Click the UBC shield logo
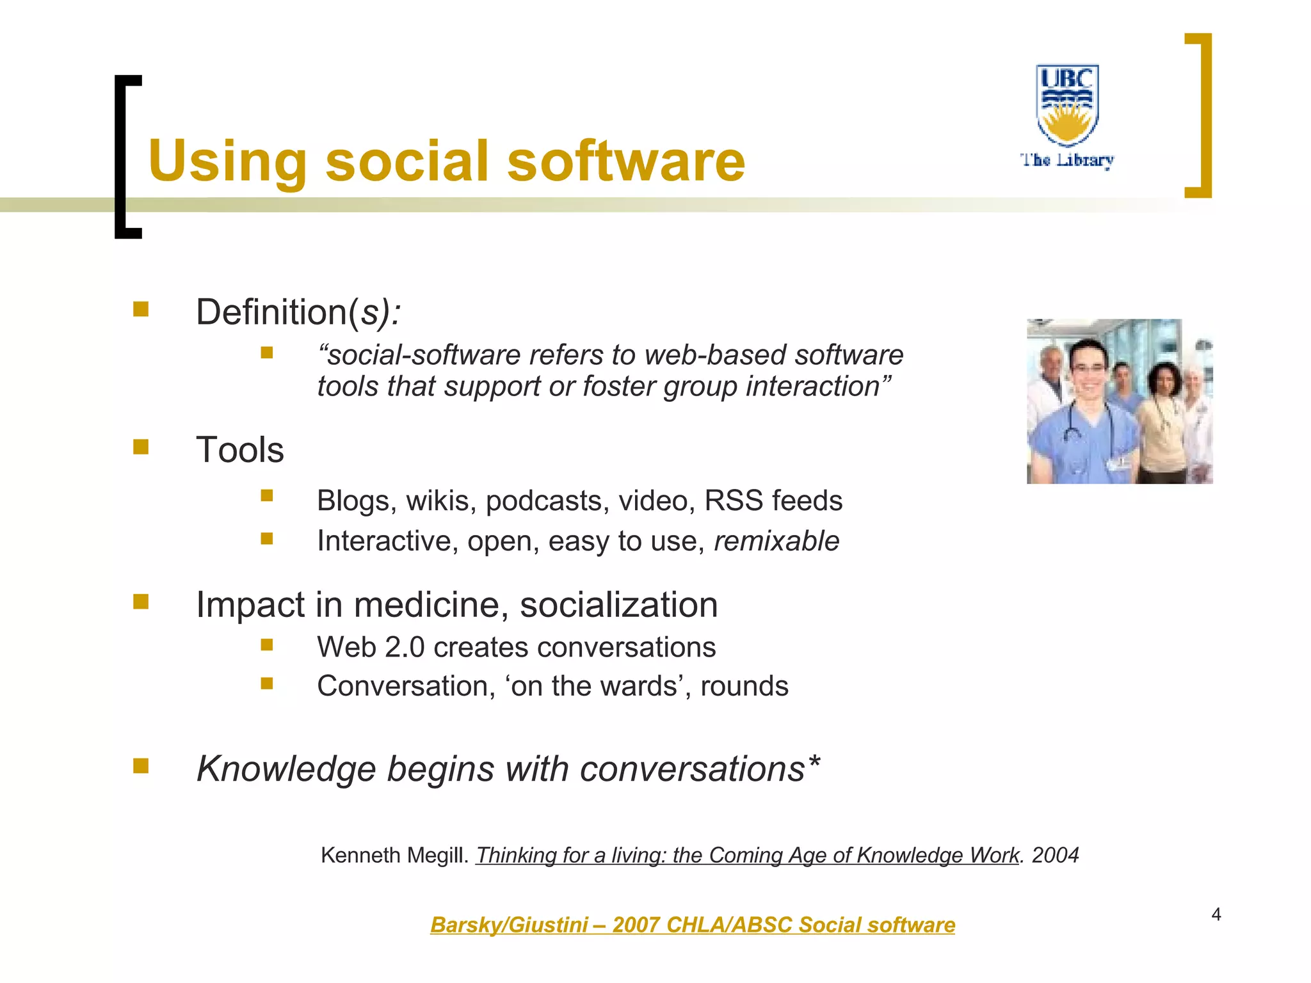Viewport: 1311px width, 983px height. tap(1067, 104)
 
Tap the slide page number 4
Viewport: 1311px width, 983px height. tap(1216, 915)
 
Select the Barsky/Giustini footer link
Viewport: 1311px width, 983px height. tap(692, 925)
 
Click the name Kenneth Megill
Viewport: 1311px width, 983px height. tap(394, 855)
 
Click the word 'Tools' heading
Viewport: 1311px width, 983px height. tap(239, 449)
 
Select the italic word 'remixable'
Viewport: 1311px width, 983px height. tap(776, 541)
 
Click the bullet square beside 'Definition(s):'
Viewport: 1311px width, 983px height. tap(141, 310)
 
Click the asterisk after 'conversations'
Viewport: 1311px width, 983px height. tap(814, 763)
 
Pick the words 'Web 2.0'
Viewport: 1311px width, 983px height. tap(371, 647)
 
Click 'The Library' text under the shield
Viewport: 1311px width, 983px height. tap(1067, 160)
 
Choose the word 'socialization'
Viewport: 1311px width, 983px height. tap(618, 605)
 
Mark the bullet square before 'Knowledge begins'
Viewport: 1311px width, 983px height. tap(141, 766)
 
